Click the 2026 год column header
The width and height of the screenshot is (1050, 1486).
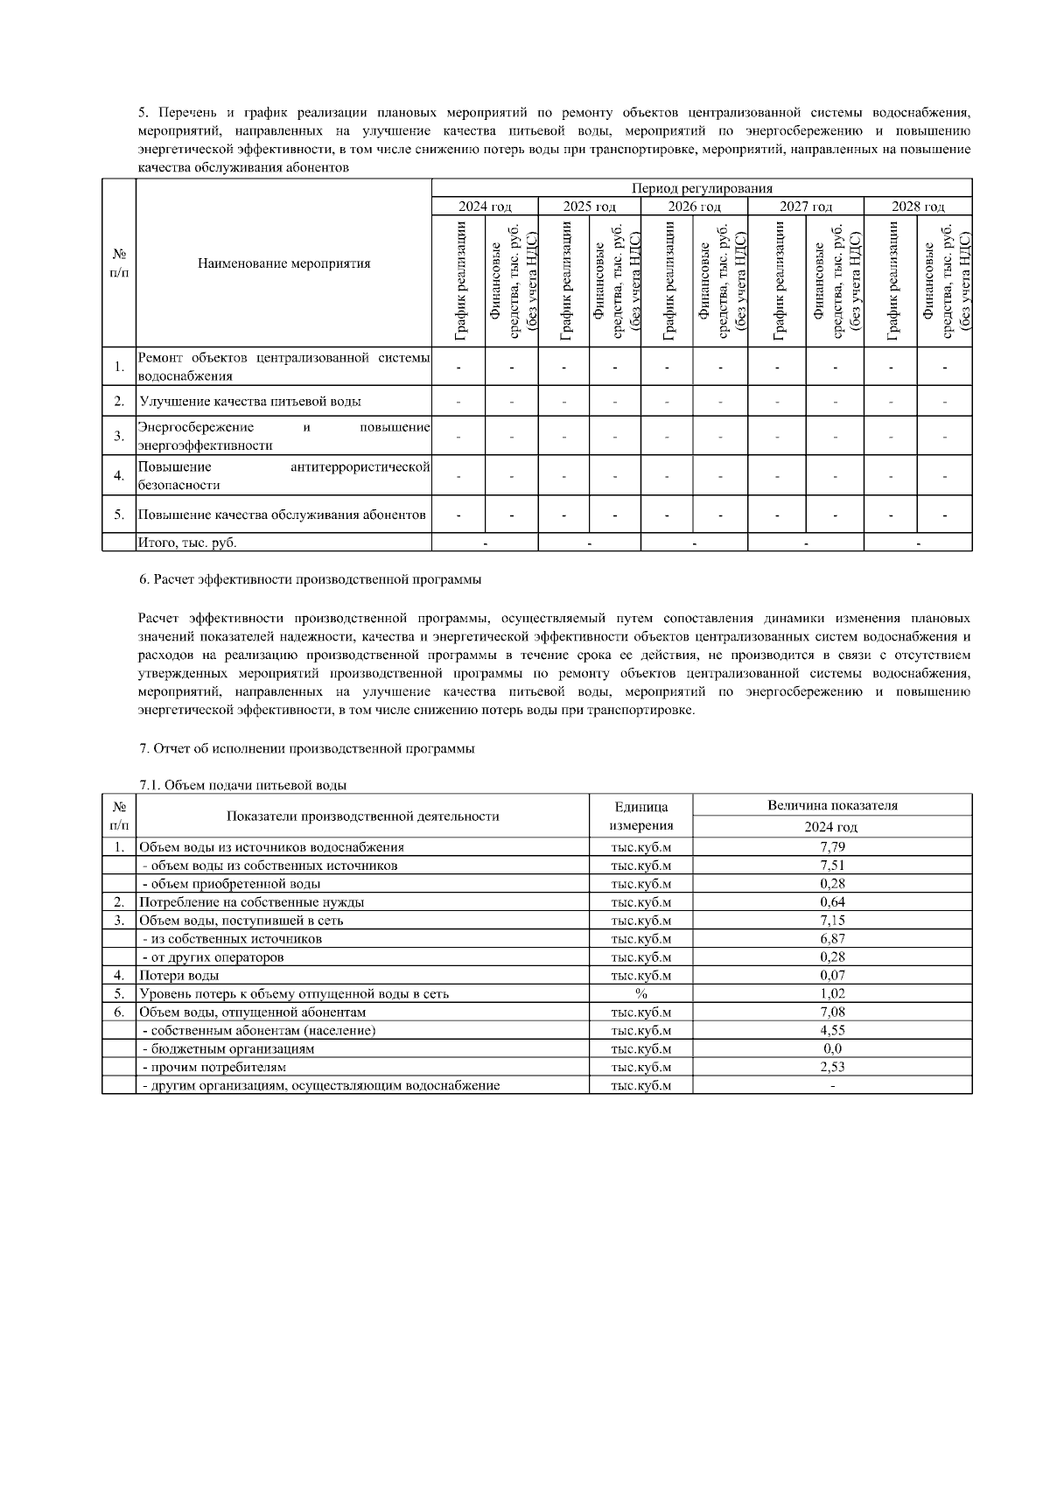(694, 207)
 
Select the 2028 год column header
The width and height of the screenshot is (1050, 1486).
(918, 207)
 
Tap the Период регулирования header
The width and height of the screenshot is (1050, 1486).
(702, 187)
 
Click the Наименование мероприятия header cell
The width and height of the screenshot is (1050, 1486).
(283, 263)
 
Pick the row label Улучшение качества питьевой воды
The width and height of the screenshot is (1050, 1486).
(250, 402)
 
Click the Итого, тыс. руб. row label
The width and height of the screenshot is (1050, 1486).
(188, 543)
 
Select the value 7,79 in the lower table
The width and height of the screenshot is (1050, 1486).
(832, 847)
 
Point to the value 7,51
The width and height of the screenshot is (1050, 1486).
(832, 866)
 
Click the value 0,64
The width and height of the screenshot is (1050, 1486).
(832, 902)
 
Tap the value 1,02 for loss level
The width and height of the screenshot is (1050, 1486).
(832, 993)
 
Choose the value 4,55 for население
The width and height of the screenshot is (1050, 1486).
(832, 1030)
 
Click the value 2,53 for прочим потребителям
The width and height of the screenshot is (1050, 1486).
(832, 1067)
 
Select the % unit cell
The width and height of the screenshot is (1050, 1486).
(640, 993)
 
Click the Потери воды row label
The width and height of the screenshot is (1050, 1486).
(179, 975)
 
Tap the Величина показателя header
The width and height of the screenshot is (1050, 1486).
(832, 806)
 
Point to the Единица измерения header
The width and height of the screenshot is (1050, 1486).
(640, 816)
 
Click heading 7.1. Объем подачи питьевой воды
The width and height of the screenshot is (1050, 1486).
(242, 785)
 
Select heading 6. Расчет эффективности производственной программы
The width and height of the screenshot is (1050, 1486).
(310, 579)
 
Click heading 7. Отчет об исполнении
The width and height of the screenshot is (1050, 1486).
(306, 749)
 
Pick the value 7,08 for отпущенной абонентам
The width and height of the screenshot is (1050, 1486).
(832, 1012)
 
